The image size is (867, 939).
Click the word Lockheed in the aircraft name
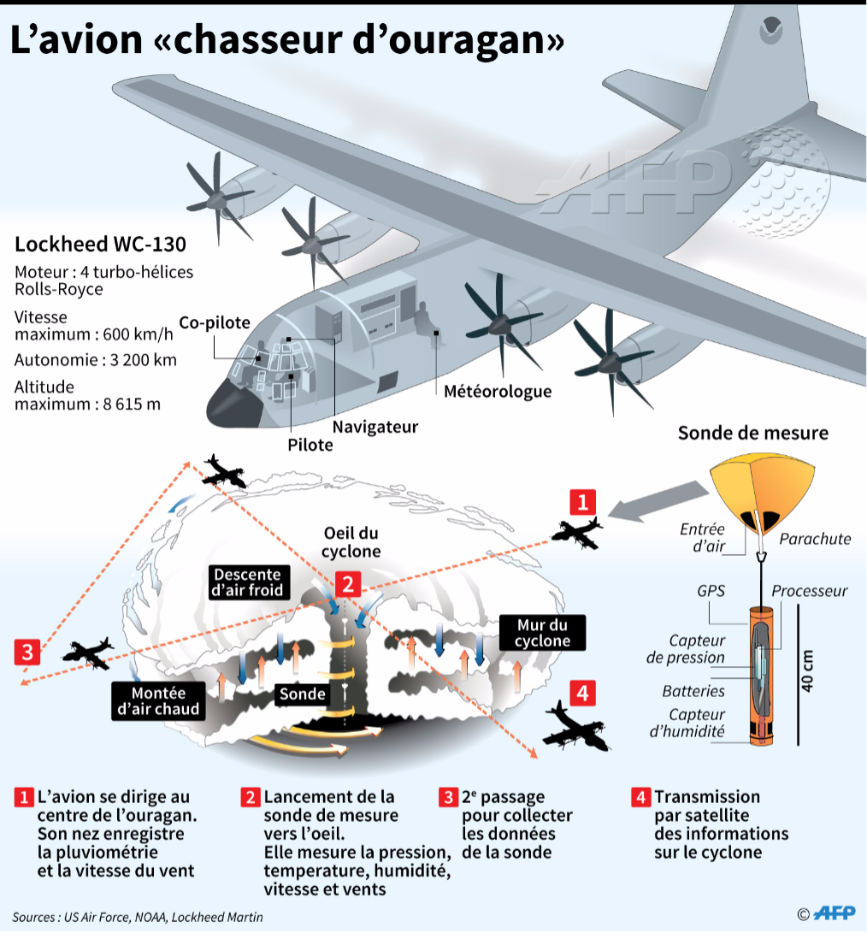click(x=61, y=245)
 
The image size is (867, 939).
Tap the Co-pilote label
click(x=215, y=322)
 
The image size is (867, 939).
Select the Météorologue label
click(x=498, y=391)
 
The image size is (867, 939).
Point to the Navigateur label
click(x=375, y=427)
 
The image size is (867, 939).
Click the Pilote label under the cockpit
click(x=310, y=445)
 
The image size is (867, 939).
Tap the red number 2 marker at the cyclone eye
click(x=348, y=583)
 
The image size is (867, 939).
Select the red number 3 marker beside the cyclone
click(x=27, y=652)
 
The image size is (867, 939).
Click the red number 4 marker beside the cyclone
click(x=582, y=693)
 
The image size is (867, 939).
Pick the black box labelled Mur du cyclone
click(x=542, y=633)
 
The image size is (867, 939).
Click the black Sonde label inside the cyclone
click(x=303, y=694)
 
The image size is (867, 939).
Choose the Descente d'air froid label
click(x=247, y=582)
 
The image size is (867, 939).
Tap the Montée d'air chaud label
click(x=158, y=701)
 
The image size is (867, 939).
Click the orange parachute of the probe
click(x=762, y=489)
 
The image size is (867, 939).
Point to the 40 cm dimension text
click(x=808, y=670)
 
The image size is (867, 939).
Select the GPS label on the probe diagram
click(x=711, y=591)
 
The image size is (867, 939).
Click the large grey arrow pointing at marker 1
click(x=658, y=500)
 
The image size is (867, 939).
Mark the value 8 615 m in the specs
click(x=132, y=405)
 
